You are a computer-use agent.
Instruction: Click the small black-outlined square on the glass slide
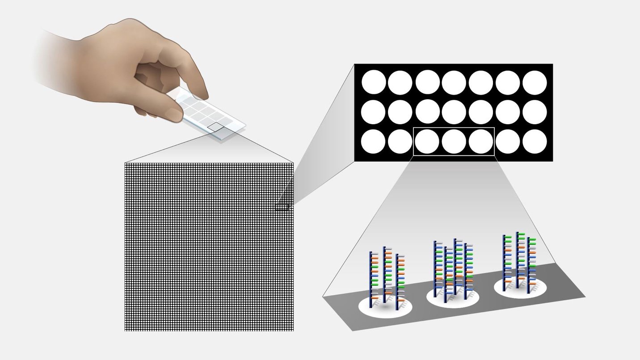[x=217, y=127]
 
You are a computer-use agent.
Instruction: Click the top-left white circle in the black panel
[x=373, y=83]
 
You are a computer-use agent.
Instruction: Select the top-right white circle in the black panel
[x=535, y=83]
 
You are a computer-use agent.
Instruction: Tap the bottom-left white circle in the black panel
[x=373, y=142]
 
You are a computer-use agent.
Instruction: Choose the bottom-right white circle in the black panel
[x=535, y=142]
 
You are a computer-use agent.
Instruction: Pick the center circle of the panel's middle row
[x=454, y=112]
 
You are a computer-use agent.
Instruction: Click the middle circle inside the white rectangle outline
[x=454, y=142]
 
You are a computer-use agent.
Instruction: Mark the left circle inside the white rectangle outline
[x=427, y=142]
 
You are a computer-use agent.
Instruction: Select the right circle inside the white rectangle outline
[x=481, y=142]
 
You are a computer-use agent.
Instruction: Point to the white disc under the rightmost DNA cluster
[x=521, y=288]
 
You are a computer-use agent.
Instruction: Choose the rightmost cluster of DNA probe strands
[x=518, y=261]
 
